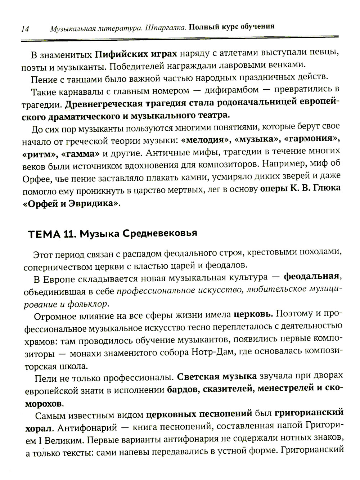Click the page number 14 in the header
[x=25, y=29]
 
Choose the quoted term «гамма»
[x=80, y=154]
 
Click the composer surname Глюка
[x=325, y=189]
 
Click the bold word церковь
[x=253, y=314]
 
